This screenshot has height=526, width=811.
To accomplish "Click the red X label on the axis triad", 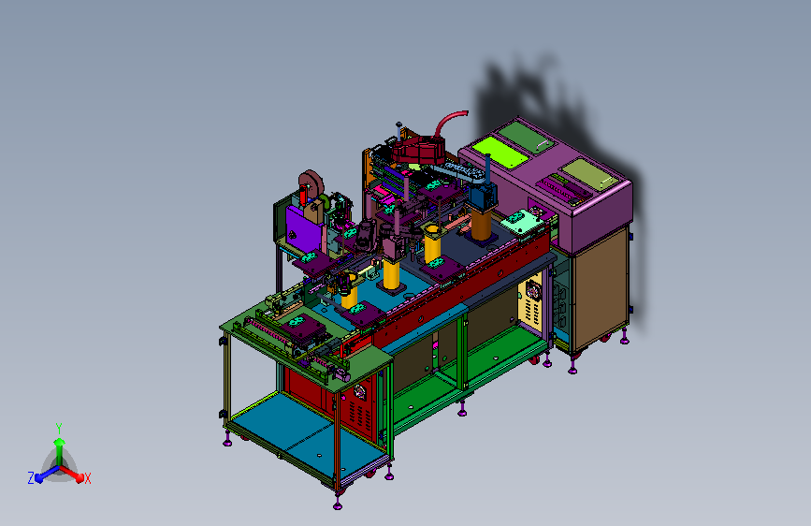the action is click(87, 478).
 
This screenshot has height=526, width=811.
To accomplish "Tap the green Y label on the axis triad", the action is click(59, 429).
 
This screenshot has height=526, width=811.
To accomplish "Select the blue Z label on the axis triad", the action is click(31, 478).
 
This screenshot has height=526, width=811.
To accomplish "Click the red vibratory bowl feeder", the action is click(418, 150).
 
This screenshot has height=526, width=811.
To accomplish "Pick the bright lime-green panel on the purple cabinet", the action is click(500, 152).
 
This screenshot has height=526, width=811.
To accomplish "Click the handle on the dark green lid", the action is click(542, 144).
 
